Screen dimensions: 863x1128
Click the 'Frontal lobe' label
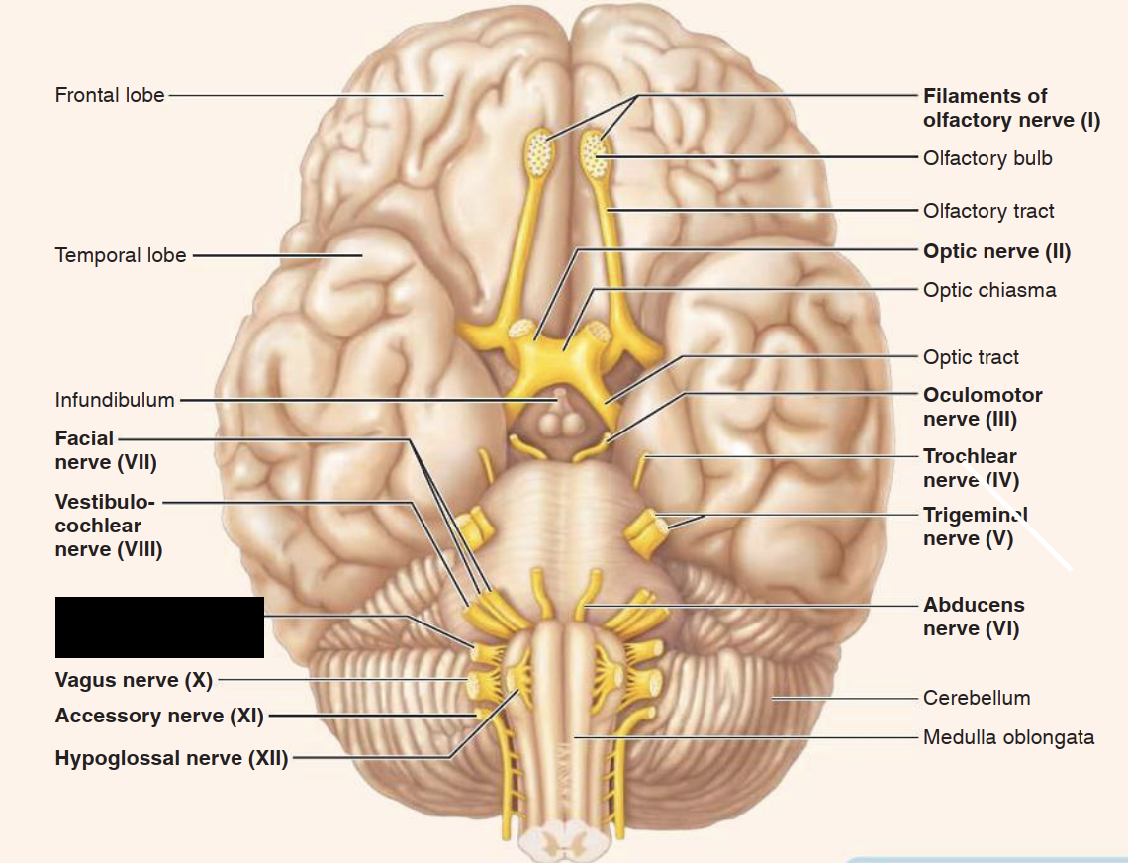[x=110, y=96]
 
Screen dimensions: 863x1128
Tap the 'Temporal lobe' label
[x=121, y=255]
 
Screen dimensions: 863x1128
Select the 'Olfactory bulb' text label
[x=987, y=158]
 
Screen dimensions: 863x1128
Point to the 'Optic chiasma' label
[x=989, y=290]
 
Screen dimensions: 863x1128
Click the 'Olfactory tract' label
[x=988, y=211]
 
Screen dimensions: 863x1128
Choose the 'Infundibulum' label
[x=115, y=400]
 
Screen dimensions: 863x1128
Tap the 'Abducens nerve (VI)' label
[x=974, y=616]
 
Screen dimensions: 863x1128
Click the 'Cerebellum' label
[x=977, y=698]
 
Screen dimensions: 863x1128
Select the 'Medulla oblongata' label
[x=1008, y=737]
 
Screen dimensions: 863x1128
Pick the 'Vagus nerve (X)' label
[x=134, y=680]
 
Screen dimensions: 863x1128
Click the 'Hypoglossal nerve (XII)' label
[x=171, y=759]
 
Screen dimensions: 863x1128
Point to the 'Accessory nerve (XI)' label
[x=159, y=716]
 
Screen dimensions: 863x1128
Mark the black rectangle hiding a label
[x=159, y=627]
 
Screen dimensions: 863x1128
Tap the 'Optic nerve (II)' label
[x=996, y=251]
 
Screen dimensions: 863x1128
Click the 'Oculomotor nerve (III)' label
[x=983, y=407]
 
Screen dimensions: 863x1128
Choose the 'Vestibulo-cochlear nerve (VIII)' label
[x=109, y=526]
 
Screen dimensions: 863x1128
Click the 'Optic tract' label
[x=971, y=357]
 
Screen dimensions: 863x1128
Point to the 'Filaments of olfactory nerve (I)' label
[x=1011, y=108]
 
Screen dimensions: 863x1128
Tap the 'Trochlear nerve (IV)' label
[x=971, y=468]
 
